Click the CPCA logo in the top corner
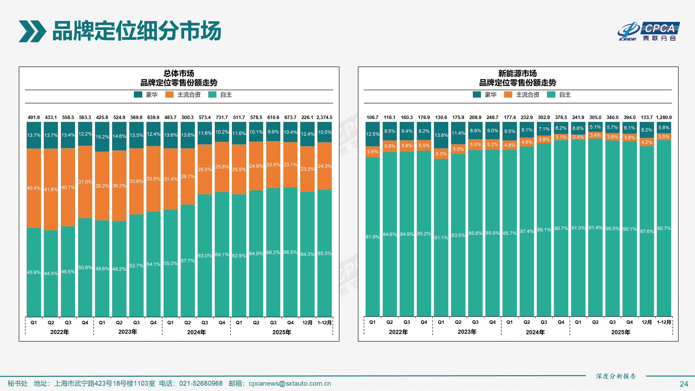click(649, 31)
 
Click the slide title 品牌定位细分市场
click(136, 31)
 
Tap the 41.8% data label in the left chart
click(51, 189)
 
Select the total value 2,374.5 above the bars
click(324, 117)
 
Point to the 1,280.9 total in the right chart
click(664, 117)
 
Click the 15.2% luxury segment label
click(102, 137)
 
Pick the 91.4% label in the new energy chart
click(595, 228)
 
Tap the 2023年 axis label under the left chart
click(128, 332)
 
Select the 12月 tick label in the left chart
click(307, 323)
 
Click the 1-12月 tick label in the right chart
click(664, 322)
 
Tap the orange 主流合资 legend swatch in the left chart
click(169, 95)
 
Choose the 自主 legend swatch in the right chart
click(551, 95)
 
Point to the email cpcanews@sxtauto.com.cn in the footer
click(290, 383)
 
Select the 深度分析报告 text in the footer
click(616, 376)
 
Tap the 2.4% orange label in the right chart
click(578, 137)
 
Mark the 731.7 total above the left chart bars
click(222, 117)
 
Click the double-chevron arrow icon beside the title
click(32, 31)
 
